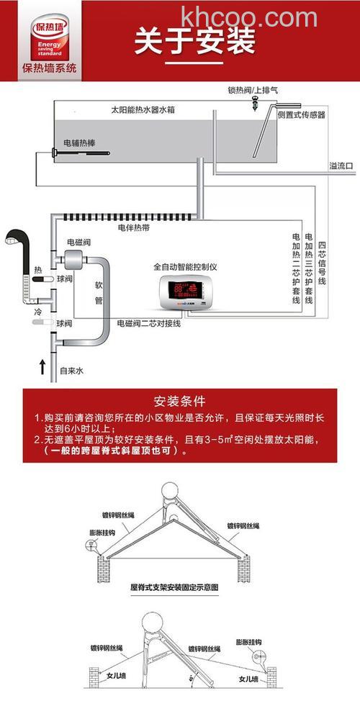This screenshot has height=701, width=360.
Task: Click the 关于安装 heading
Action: point(194,41)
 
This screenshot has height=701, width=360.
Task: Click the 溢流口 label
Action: point(341,166)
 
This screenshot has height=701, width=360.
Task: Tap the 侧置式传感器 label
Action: point(301,114)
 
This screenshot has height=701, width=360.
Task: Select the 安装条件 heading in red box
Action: point(179,400)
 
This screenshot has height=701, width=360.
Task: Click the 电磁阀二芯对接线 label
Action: point(148,324)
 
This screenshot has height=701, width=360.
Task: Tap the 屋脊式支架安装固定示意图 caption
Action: point(174,587)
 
